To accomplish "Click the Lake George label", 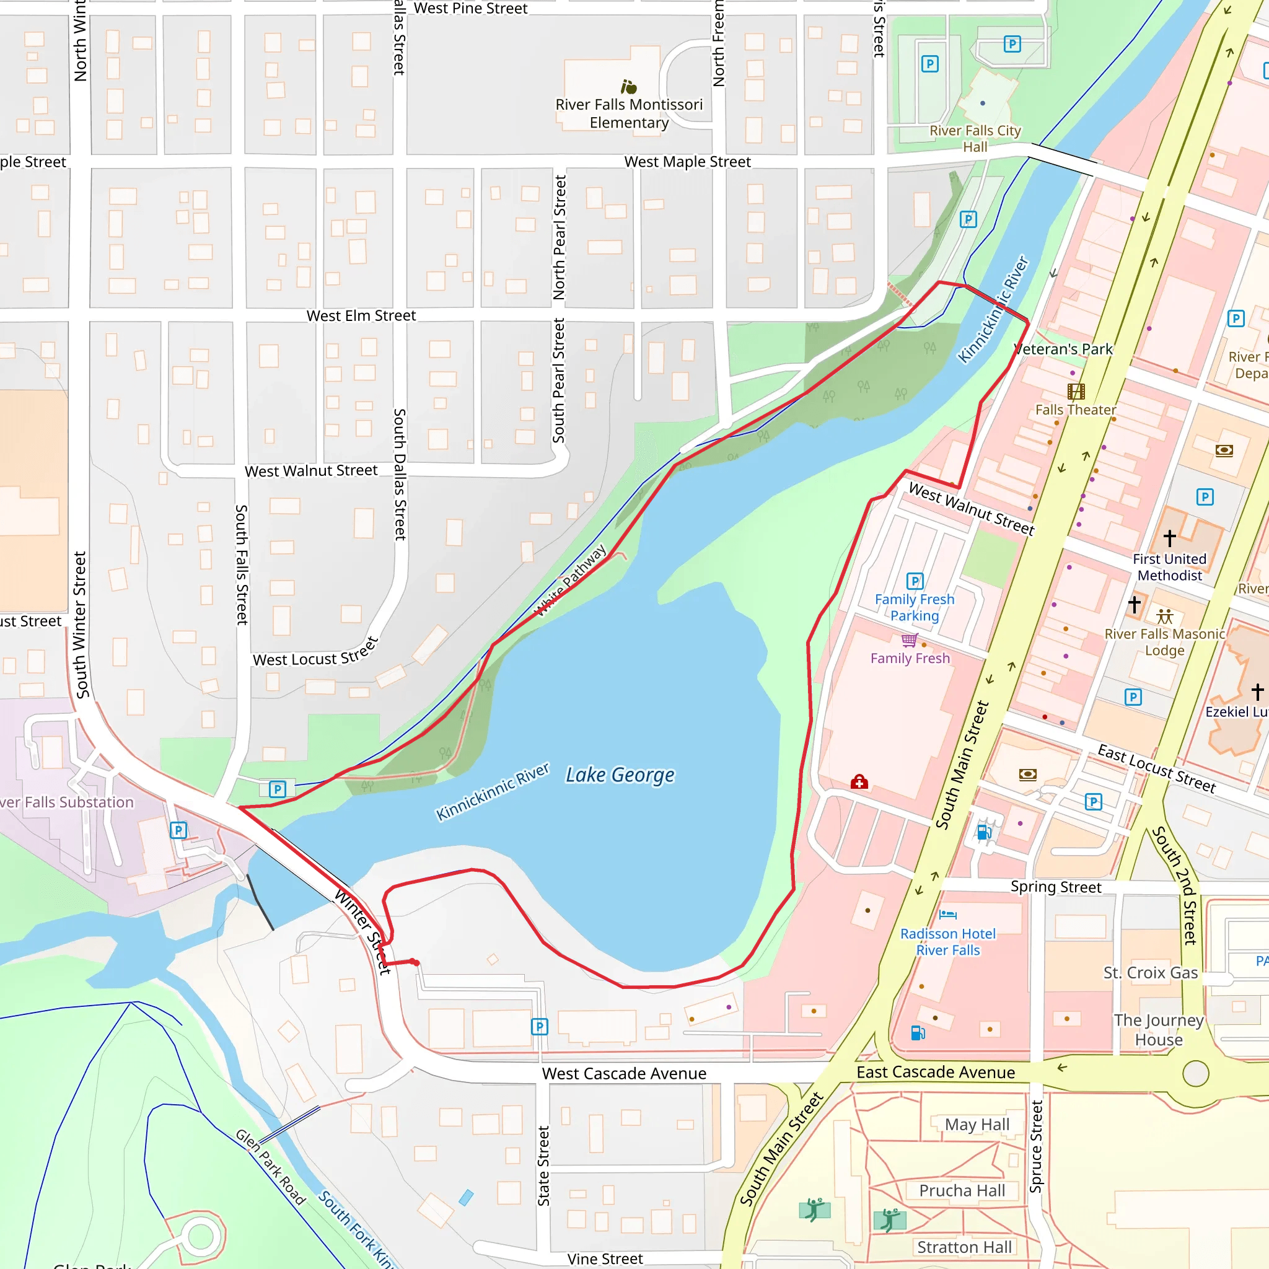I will (x=620, y=775).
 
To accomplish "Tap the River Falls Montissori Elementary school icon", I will (x=628, y=87).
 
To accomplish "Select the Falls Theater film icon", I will (x=1076, y=392).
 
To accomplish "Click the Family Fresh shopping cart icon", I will (x=909, y=639).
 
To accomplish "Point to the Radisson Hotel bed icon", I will (x=948, y=915).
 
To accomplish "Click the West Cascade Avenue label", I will (x=624, y=1073).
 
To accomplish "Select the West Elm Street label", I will (x=361, y=316).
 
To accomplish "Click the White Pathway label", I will (x=571, y=581).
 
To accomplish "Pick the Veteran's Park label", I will (x=1063, y=349).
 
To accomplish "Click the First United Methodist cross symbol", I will (x=1170, y=538).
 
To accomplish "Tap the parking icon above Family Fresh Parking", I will (x=915, y=581).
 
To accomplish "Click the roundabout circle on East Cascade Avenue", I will (x=1195, y=1074).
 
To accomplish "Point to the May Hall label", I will (x=977, y=1125).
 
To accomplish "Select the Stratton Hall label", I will (x=964, y=1247).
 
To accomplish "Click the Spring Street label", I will (x=1055, y=887).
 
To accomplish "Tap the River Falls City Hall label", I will (x=975, y=139).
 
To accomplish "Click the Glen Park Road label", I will (x=271, y=1167).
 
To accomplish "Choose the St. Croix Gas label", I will (x=1150, y=973).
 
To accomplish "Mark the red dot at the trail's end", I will (x=415, y=962).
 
